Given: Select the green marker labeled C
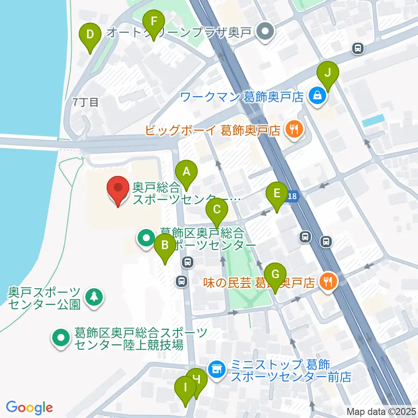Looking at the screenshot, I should [217, 210].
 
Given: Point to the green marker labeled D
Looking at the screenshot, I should [90, 34].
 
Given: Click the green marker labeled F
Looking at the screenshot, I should [153, 22].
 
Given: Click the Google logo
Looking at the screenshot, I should [30, 408].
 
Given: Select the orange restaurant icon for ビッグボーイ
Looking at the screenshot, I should [294, 129].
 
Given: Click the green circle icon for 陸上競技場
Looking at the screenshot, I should [61, 338].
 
